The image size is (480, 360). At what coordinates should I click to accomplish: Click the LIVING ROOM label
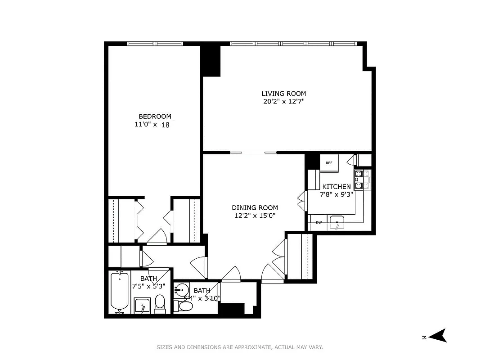(x=283, y=94)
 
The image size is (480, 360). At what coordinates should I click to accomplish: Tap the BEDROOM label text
(x=155, y=116)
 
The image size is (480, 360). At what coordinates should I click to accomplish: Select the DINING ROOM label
(x=255, y=207)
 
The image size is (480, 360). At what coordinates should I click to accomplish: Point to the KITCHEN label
(x=336, y=186)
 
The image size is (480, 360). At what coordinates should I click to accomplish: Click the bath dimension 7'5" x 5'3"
(x=148, y=286)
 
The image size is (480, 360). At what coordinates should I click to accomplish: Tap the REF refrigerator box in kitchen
(x=329, y=163)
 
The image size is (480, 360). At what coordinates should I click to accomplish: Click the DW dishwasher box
(x=319, y=222)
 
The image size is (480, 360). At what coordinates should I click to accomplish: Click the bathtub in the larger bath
(x=120, y=292)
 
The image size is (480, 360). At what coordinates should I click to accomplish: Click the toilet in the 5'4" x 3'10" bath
(x=184, y=306)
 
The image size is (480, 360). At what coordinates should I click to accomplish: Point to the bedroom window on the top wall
(x=155, y=44)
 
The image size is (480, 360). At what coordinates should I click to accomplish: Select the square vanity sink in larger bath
(x=143, y=306)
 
